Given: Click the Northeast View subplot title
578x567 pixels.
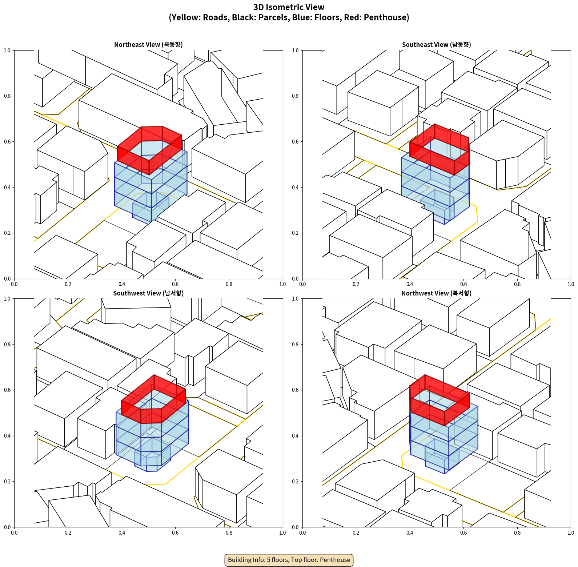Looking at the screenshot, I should tap(148, 45).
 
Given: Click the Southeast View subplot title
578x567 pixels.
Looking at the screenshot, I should tap(436, 45).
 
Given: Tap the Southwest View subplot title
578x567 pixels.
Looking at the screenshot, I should tap(148, 293).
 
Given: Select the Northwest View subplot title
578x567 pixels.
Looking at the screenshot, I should tap(436, 293).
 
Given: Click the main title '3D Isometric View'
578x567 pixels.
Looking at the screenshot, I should tap(289, 7).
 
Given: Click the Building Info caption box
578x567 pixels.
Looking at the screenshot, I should tap(289, 560).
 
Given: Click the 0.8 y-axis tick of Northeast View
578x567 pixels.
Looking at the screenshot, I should tap(7, 96).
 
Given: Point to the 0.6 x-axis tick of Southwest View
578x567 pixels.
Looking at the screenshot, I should tap(175, 533).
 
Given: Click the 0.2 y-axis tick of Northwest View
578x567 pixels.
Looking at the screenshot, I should tap(296, 482).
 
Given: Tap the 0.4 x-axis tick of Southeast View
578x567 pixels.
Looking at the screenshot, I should tap(410, 284).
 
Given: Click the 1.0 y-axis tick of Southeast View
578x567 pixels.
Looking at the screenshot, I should tap(296, 51).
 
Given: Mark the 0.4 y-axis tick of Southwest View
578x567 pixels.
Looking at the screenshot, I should tap(7, 436).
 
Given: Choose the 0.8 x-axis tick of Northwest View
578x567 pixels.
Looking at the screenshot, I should tap(517, 533).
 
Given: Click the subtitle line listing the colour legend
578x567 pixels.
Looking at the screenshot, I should tap(289, 17).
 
